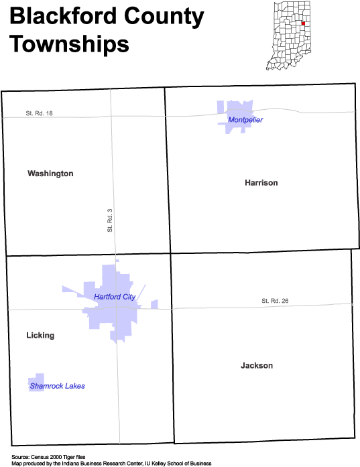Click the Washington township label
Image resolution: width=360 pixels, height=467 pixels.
point(50,174)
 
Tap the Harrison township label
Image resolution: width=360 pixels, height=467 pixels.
point(261,182)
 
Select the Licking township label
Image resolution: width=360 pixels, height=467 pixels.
point(40,336)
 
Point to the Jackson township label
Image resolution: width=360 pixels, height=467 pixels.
point(257,365)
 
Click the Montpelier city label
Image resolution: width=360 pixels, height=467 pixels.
point(245,120)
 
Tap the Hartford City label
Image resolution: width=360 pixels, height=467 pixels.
point(115,297)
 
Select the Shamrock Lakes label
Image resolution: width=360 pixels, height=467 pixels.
point(57,386)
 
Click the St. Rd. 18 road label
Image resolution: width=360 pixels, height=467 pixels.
point(39,113)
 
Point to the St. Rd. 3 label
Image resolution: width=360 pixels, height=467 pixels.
point(110,220)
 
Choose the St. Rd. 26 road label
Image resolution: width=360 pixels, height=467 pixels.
point(275,301)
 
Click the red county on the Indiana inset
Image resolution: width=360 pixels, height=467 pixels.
point(303,23)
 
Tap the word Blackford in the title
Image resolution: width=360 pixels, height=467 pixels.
point(63,16)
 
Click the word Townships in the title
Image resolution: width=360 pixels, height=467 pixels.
point(70,44)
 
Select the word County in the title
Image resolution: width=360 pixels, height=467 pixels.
point(164,18)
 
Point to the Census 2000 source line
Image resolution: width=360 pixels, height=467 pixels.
point(48,457)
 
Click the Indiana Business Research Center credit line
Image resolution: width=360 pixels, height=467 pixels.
point(111,464)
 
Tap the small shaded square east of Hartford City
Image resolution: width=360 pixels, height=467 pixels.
point(154,304)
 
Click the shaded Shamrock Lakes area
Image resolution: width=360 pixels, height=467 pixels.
point(36,382)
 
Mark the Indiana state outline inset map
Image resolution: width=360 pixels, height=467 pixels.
point(288,36)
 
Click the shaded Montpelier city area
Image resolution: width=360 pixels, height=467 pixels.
point(235,116)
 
